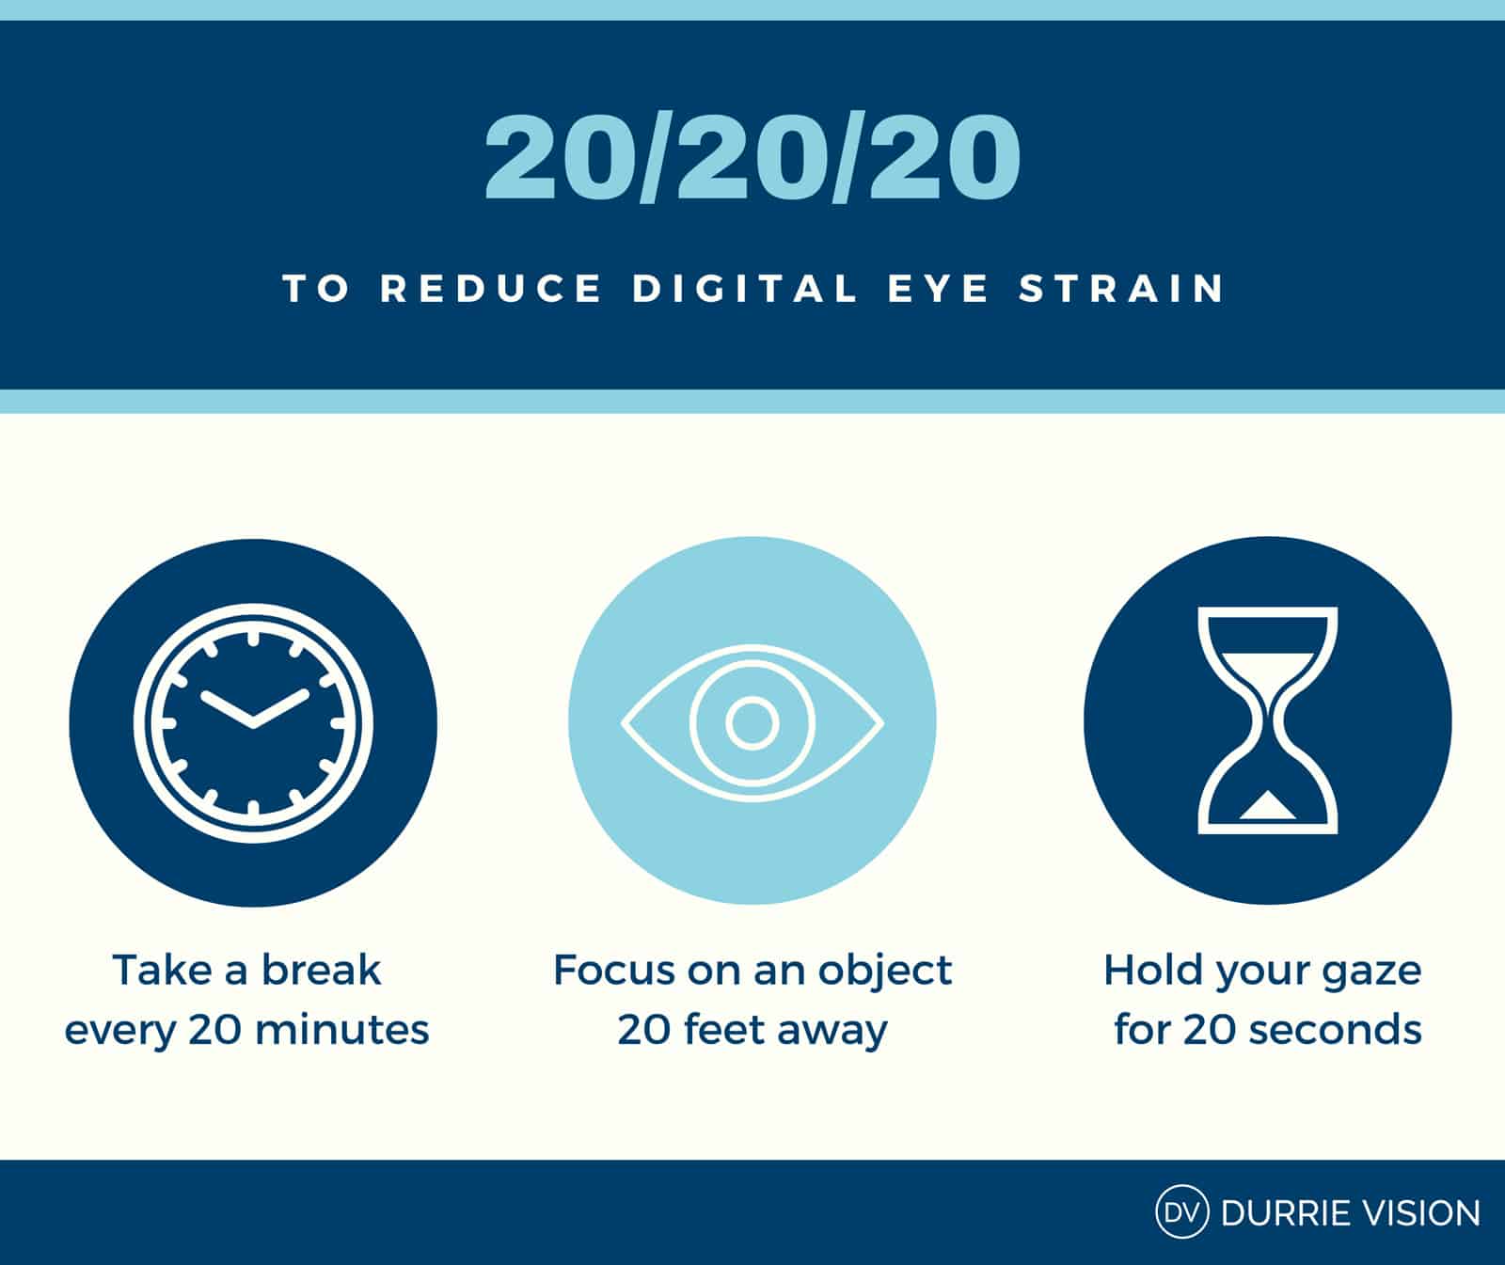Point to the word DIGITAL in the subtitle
click(745, 289)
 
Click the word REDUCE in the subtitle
click(490, 289)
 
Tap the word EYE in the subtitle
click(939, 289)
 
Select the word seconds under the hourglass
click(1328, 1030)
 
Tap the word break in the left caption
click(321, 970)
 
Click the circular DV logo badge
click(1181, 1212)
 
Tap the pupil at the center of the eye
click(752, 722)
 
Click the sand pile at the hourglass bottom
click(1267, 806)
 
